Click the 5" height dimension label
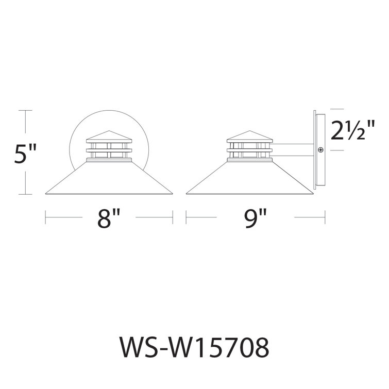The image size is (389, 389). pos(25,153)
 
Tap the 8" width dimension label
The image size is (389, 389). pos(109,218)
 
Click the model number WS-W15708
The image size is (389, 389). pos(194,348)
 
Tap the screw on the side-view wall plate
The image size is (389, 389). pos(320,150)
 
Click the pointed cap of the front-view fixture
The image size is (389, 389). pos(109,134)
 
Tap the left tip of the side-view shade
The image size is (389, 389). pos(187,194)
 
